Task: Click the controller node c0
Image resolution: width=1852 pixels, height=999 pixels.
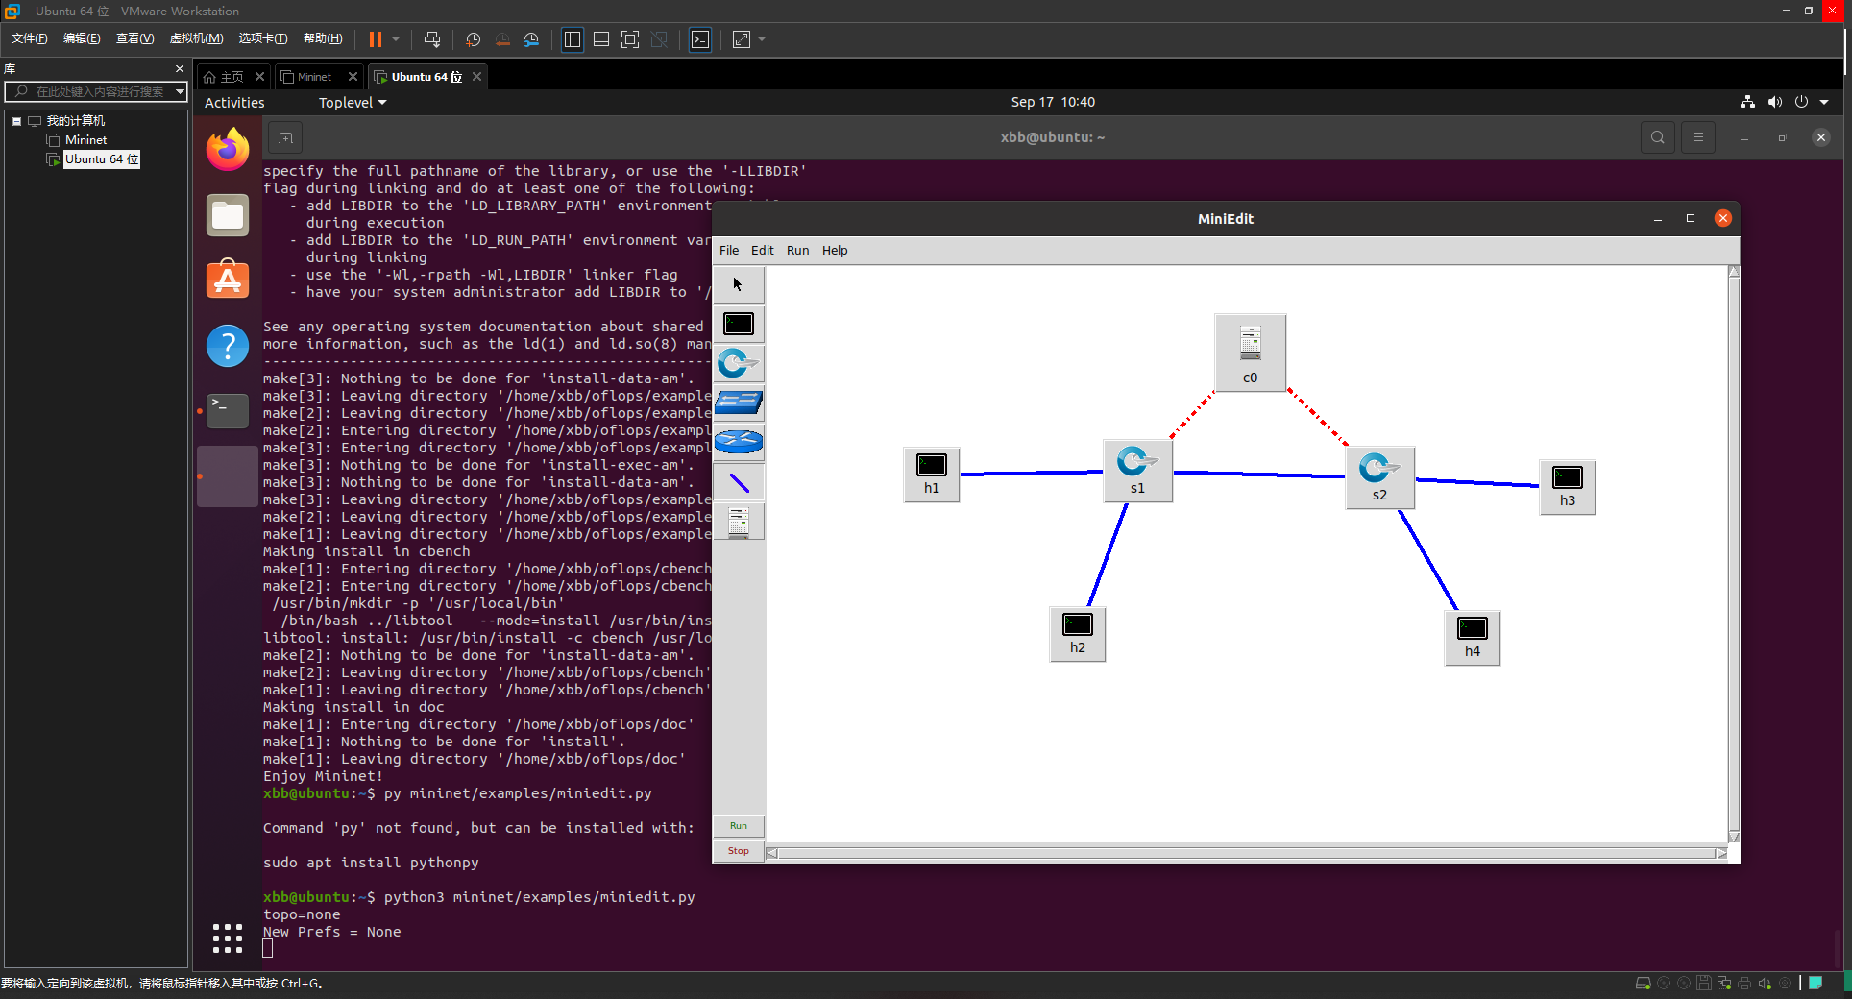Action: tap(1250, 352)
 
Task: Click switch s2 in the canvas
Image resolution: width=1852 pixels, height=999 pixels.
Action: tap(1378, 476)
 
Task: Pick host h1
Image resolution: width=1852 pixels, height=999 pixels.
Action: tap(931, 474)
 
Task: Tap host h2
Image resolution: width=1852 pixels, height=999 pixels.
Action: tap(1077, 633)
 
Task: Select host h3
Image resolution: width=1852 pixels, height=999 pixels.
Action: tap(1567, 486)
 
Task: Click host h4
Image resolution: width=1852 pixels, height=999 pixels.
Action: tap(1472, 637)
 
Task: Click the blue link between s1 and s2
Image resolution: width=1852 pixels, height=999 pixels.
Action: tap(1258, 475)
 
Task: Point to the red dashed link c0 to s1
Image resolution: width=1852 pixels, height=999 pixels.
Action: tap(1191, 415)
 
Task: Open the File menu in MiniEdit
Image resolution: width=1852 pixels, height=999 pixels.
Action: tap(729, 251)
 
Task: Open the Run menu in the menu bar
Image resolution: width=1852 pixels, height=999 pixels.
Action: tap(797, 251)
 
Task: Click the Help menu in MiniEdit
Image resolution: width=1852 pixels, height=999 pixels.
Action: tap(835, 251)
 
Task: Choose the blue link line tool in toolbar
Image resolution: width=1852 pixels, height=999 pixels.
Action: tap(739, 482)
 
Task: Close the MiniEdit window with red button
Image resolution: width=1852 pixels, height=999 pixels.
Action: tap(1722, 218)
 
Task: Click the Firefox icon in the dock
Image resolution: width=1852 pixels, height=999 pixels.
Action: tap(228, 150)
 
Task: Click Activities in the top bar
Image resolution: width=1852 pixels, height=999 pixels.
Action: tap(234, 103)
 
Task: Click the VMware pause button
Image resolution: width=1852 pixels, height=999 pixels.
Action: tap(375, 39)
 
